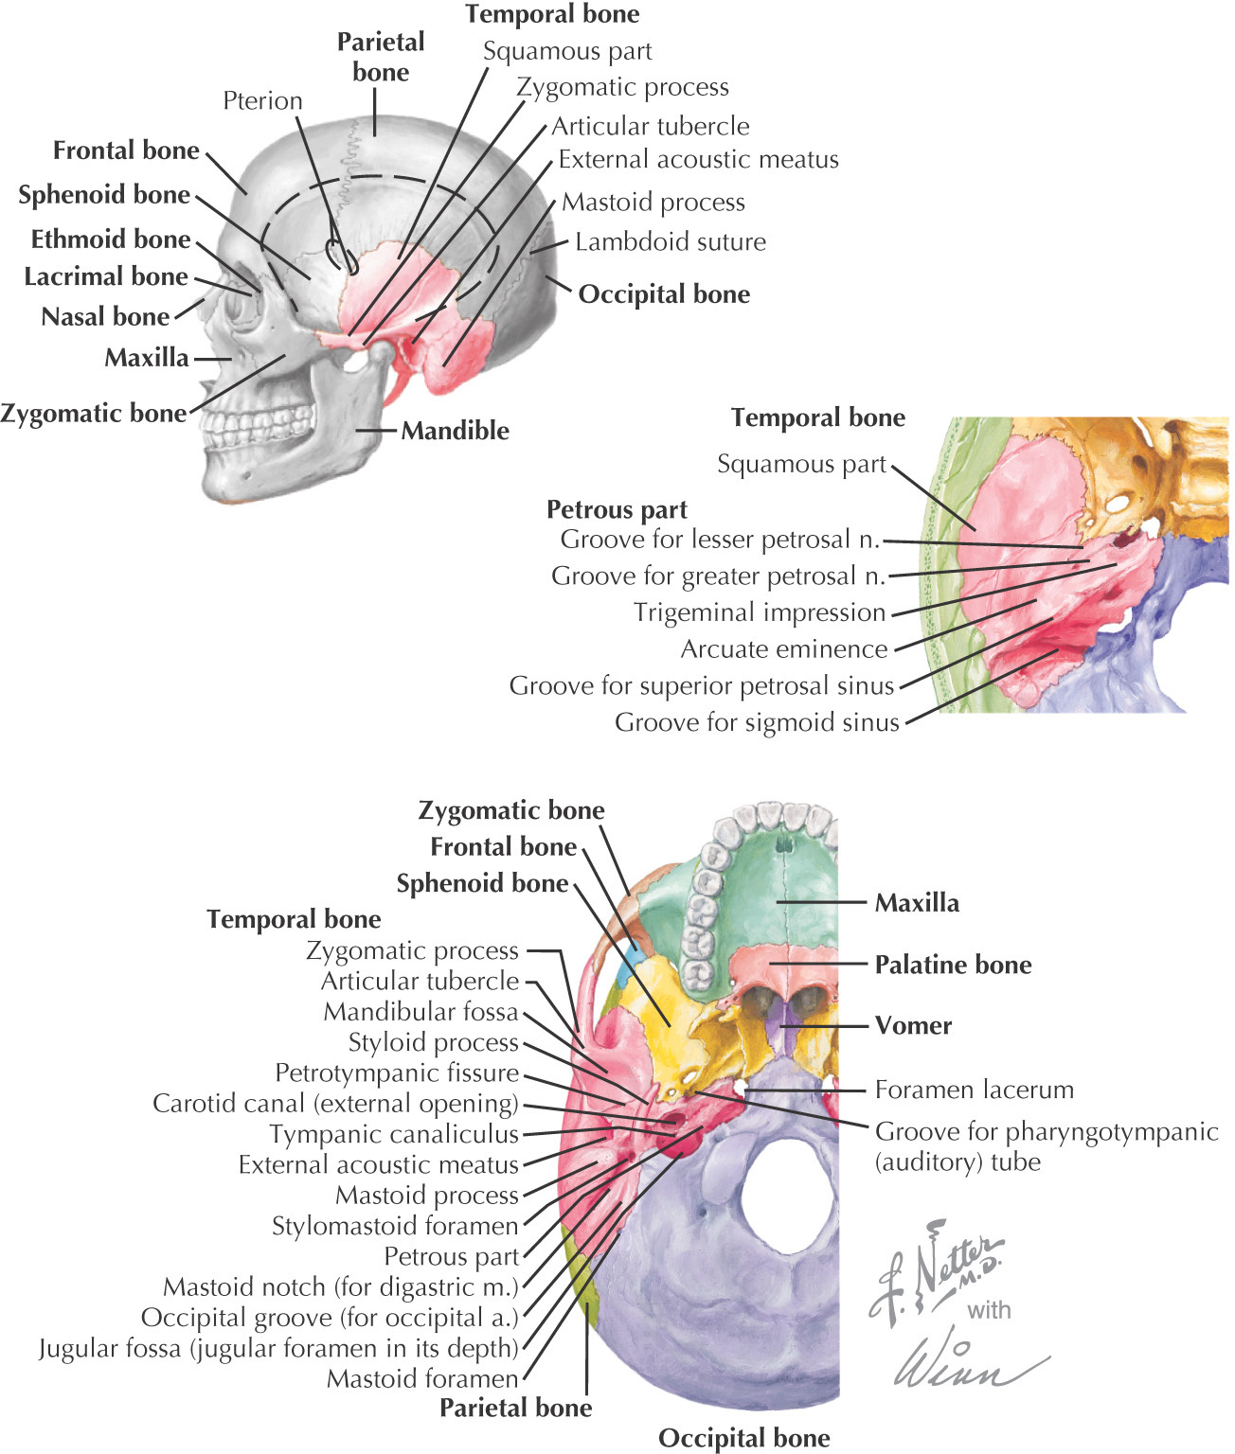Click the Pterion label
pyautogui.click(x=262, y=100)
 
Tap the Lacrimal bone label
pyautogui.click(x=106, y=276)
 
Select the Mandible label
pyautogui.click(x=455, y=431)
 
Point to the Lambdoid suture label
pyautogui.click(x=671, y=241)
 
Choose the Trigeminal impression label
pyautogui.click(x=760, y=612)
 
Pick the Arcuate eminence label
pyautogui.click(x=784, y=649)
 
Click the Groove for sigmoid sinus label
pyautogui.click(x=757, y=723)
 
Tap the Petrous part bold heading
pyautogui.click(x=617, y=509)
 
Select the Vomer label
pyautogui.click(x=913, y=1025)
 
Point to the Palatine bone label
pyautogui.click(x=953, y=965)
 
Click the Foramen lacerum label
pyautogui.click(x=974, y=1090)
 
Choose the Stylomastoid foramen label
pyautogui.click(x=395, y=1226)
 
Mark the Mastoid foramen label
pyautogui.click(x=422, y=1379)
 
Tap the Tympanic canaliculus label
pyautogui.click(x=394, y=1134)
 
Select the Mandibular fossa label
pyautogui.click(x=421, y=1012)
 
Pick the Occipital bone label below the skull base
pyautogui.click(x=743, y=1438)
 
